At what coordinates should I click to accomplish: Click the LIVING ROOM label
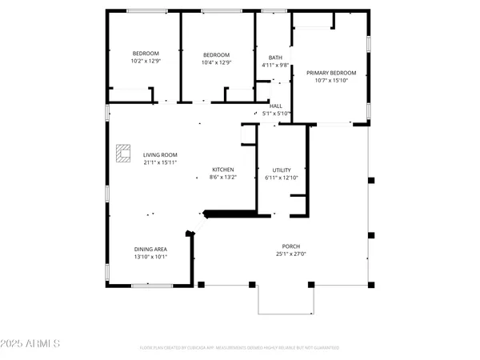(160, 154)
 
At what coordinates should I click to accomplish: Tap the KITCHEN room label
(222, 169)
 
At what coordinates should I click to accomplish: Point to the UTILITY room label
(281, 170)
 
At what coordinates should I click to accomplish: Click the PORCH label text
(290, 246)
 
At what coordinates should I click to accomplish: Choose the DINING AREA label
(150, 250)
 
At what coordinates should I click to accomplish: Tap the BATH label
(276, 57)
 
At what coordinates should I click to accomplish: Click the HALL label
(275, 106)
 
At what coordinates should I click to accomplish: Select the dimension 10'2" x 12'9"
(146, 61)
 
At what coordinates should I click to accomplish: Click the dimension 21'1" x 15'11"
(160, 162)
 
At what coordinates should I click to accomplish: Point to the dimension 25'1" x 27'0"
(290, 254)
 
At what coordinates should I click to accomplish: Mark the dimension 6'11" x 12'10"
(281, 177)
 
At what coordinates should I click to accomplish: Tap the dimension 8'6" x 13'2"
(222, 176)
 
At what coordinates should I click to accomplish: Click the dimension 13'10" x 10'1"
(150, 257)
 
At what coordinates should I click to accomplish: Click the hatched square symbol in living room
(123, 152)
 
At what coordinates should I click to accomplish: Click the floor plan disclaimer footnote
(239, 348)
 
